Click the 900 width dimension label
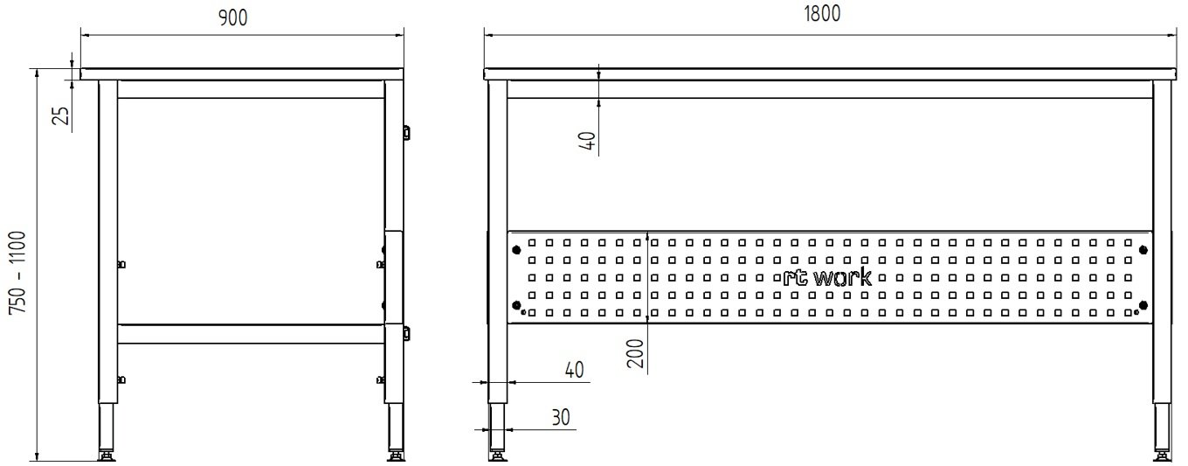[x=233, y=18]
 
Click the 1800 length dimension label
[x=822, y=14]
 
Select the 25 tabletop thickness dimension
[x=63, y=115]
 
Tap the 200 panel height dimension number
[x=635, y=353]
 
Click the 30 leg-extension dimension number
[x=561, y=418]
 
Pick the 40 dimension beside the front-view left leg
[x=574, y=370]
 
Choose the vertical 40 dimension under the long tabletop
[x=589, y=140]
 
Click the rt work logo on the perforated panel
[x=827, y=277]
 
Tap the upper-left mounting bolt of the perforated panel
[x=516, y=249]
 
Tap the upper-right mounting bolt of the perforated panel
[x=1143, y=249]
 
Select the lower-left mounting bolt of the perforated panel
[x=516, y=304]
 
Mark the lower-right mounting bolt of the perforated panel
[x=1143, y=304]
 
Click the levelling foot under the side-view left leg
[x=107, y=456]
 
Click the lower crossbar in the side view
[x=252, y=334]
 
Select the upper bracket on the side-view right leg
[x=407, y=133]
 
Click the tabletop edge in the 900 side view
[x=242, y=74]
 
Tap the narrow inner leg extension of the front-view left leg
[x=498, y=427]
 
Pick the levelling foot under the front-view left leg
[x=498, y=456]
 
